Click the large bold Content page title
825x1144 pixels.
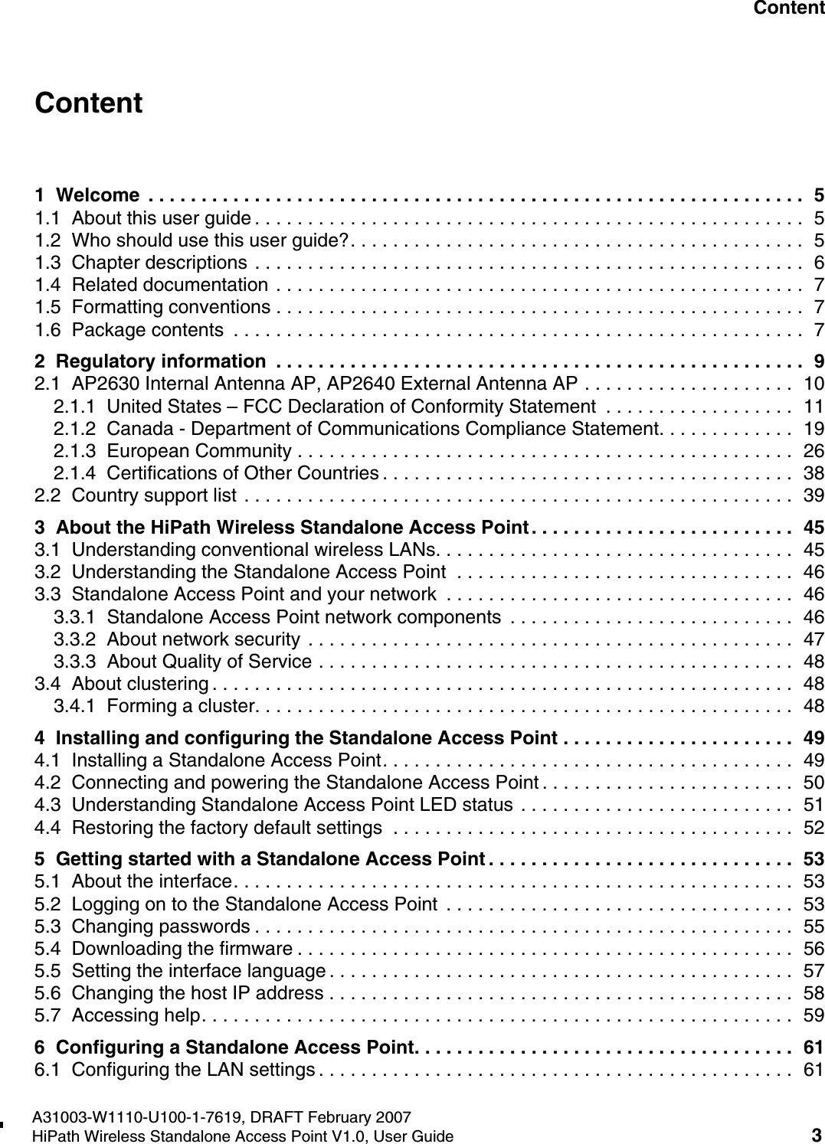coord(89,103)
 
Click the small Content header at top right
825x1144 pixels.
coord(788,8)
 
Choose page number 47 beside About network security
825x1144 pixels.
coord(814,639)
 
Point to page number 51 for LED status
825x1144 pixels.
coord(814,806)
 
